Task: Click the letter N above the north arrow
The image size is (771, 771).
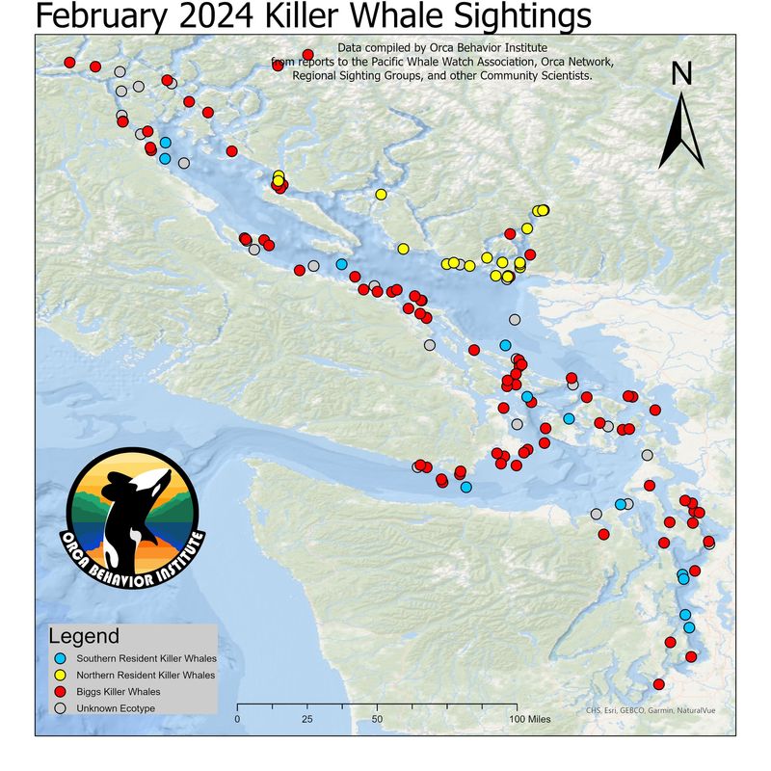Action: (x=681, y=73)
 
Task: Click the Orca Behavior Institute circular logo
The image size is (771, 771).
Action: (x=132, y=518)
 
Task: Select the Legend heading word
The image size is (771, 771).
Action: (x=84, y=636)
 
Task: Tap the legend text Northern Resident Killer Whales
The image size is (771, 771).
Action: (x=146, y=675)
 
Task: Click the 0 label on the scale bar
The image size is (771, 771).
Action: (x=237, y=719)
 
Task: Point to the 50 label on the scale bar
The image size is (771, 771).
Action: (x=377, y=719)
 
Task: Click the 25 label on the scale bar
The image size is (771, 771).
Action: (x=307, y=719)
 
